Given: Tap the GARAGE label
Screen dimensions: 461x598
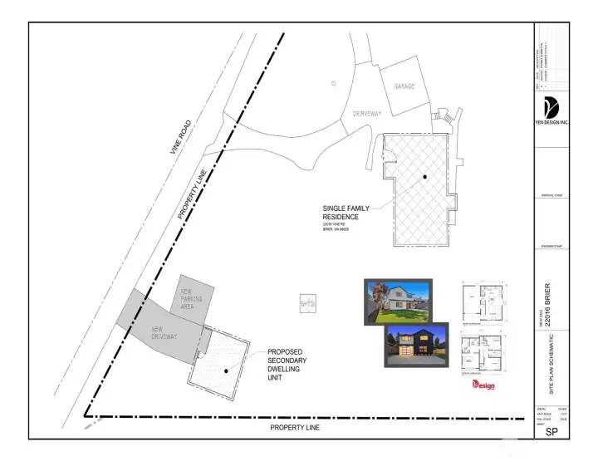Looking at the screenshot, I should click(405, 86).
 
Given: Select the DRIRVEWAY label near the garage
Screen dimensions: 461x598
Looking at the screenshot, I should click(366, 113).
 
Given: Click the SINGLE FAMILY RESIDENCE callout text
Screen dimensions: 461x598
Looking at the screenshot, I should click(346, 213).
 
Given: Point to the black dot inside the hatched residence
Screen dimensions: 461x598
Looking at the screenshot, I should click(424, 177).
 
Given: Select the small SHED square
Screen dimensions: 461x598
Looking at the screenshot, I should click(307, 305).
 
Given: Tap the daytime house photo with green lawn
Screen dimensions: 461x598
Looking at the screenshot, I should click(398, 300).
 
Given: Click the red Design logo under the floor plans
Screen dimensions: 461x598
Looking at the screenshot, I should click(483, 385).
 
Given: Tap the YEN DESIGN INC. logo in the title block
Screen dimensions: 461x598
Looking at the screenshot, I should click(550, 109).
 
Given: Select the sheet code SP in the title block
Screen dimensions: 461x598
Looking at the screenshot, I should click(550, 434).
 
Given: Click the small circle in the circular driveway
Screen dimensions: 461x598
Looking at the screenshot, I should click(333, 83).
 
